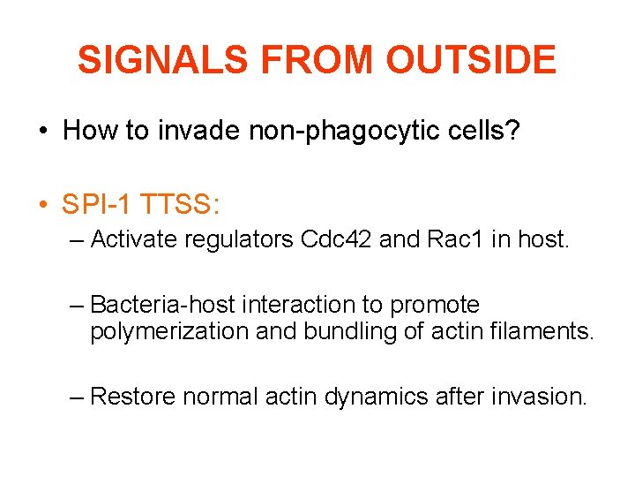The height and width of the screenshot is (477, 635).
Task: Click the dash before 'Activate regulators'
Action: [78, 239]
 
